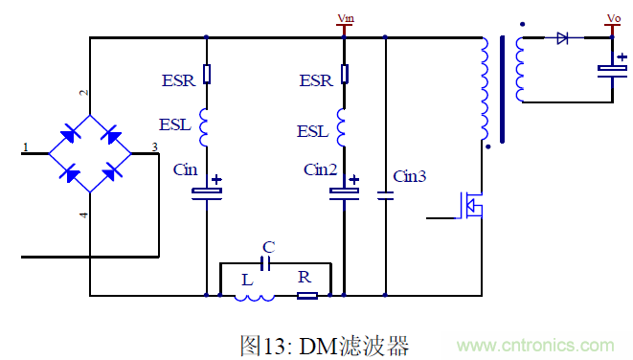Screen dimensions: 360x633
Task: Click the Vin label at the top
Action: [x=345, y=17]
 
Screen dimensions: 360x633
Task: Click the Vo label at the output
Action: [x=614, y=17]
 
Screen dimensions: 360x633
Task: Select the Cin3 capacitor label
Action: [x=410, y=176]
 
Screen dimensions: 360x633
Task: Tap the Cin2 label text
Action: [x=321, y=169]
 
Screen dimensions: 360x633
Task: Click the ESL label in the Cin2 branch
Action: [x=313, y=130]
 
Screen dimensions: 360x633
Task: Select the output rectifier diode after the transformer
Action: [x=562, y=38]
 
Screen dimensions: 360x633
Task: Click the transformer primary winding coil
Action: [x=484, y=91]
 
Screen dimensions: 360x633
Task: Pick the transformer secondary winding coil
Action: [x=520, y=69]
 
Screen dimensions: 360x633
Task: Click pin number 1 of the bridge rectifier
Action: [x=26, y=146]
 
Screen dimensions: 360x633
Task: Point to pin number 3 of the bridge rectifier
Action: [x=154, y=146]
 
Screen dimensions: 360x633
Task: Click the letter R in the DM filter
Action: [x=304, y=277]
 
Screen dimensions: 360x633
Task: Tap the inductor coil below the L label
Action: [x=254, y=296]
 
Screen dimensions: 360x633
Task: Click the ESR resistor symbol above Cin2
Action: [x=345, y=74]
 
